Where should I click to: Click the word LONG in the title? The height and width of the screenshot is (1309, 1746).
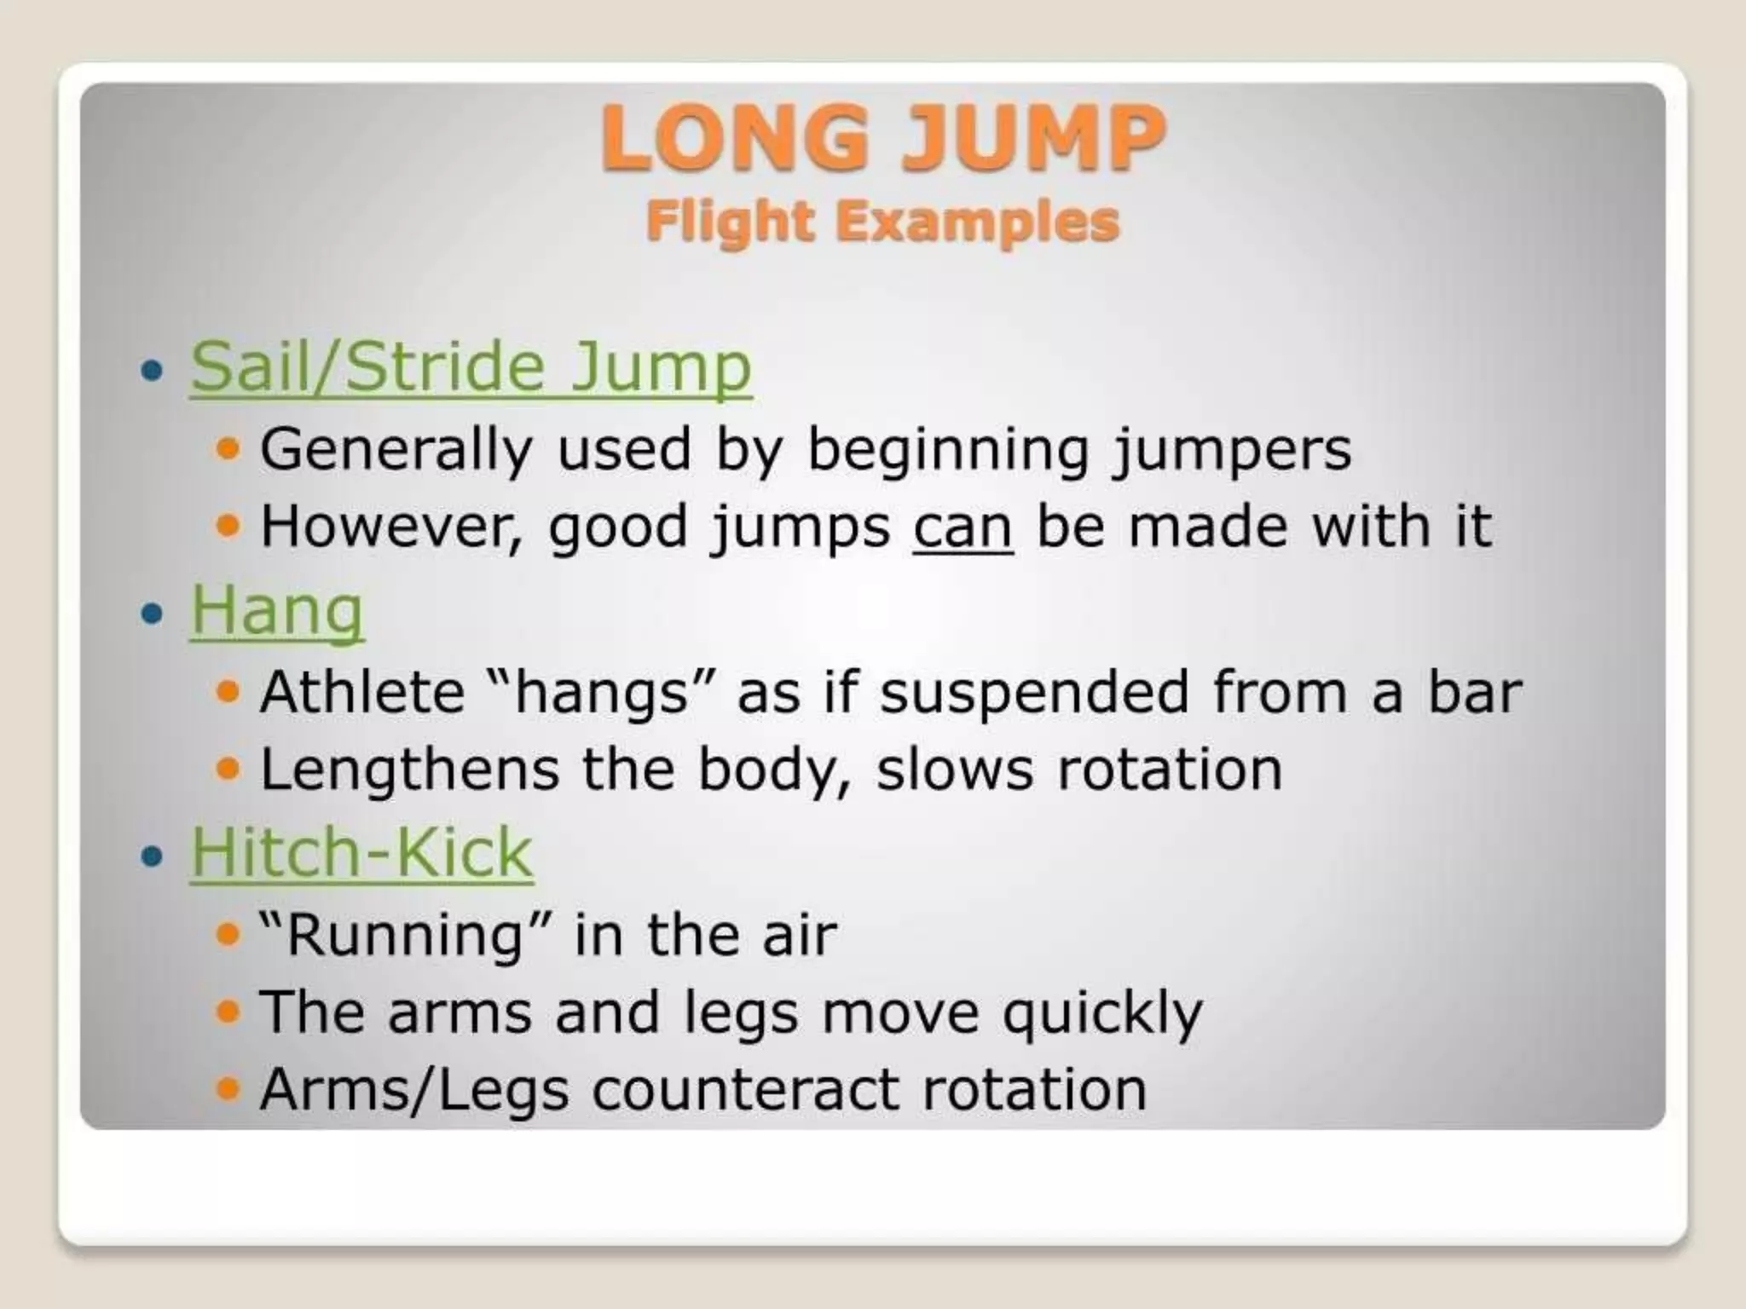pyautogui.click(x=734, y=139)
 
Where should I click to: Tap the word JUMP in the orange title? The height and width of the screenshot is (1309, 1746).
pyautogui.click(x=1032, y=139)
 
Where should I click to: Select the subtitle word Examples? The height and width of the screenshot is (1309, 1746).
pyautogui.click(x=977, y=222)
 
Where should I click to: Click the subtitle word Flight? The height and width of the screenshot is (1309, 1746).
pyautogui.click(x=729, y=222)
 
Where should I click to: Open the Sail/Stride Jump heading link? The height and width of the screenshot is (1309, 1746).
pyautogui.click(x=471, y=367)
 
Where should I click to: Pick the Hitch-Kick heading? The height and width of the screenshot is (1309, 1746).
pyautogui.click(x=361, y=851)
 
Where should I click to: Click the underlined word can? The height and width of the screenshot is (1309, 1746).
pyautogui.click(x=963, y=527)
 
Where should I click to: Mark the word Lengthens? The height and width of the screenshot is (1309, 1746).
pyautogui.click(x=409, y=769)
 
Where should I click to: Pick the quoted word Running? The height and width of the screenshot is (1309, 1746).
pyautogui.click(x=405, y=934)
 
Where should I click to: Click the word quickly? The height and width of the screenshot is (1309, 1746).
pyautogui.click(x=1101, y=1013)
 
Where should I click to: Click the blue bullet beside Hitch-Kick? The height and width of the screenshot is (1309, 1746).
pyautogui.click(x=152, y=854)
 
